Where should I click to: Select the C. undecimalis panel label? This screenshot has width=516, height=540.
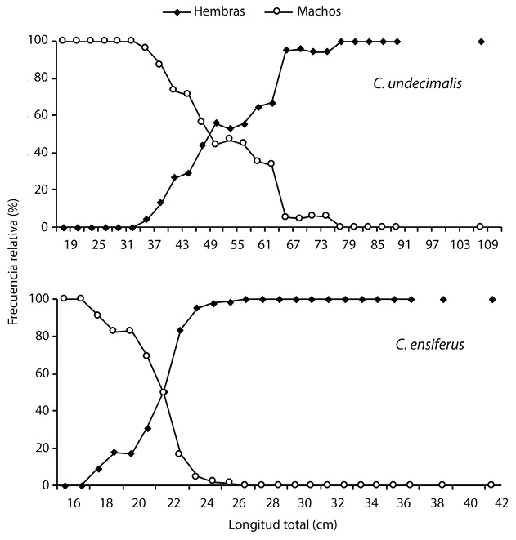[x=412, y=83]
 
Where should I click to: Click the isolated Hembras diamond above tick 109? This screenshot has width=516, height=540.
[x=482, y=41]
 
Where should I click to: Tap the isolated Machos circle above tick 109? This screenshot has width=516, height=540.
[x=480, y=226]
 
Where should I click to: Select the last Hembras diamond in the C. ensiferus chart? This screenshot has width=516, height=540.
[x=492, y=299]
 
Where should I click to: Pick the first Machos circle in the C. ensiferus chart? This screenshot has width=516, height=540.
[x=64, y=298]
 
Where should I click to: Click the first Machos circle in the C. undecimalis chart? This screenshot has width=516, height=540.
[x=62, y=40]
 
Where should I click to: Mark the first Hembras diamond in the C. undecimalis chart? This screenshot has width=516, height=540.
[x=64, y=227]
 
